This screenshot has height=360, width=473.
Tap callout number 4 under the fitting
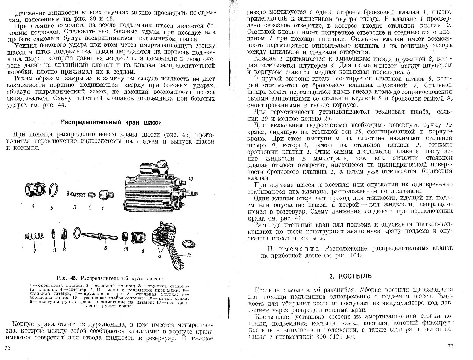(33, 207)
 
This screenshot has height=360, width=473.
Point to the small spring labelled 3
(76, 196)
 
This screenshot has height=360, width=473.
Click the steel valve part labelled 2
(91, 194)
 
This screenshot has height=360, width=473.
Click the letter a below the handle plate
(161, 257)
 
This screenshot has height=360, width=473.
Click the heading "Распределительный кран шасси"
(111, 122)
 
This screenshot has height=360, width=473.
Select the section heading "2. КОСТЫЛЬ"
(350, 276)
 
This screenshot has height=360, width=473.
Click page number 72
(7, 348)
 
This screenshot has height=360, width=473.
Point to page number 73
(450, 346)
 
